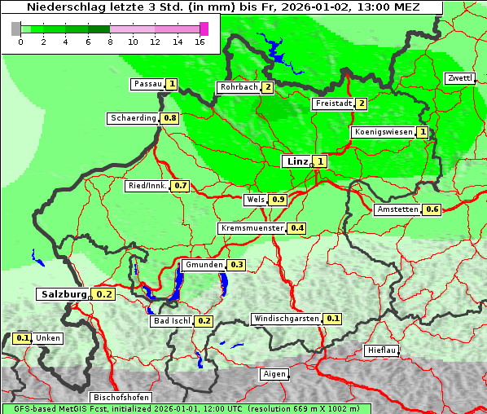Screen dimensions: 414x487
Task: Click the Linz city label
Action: point(296,161)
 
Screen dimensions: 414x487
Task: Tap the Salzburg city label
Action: point(62,294)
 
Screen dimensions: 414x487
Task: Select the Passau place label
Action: point(147,84)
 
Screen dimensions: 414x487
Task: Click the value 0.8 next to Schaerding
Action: point(169,118)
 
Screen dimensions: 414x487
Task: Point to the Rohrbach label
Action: point(238,87)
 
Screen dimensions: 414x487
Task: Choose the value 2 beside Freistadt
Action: point(360,103)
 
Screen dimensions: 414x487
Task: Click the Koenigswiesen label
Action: point(383,132)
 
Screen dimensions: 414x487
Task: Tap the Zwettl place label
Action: point(459,78)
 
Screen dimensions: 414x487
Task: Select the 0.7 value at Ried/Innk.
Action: point(180,186)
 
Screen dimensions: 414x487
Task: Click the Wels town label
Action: point(255,200)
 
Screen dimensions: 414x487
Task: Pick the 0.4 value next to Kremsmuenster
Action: point(297,228)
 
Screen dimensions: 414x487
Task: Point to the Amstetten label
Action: point(397,209)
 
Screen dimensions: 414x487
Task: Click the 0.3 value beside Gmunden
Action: point(236,265)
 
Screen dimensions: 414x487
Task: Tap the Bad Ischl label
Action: point(171,321)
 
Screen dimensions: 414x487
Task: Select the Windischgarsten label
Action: point(286,319)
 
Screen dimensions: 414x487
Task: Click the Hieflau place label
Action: point(382,350)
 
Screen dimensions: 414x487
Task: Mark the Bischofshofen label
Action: point(121,398)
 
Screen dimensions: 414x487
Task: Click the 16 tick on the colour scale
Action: point(200,41)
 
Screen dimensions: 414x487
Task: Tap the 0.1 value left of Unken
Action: point(23,338)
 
